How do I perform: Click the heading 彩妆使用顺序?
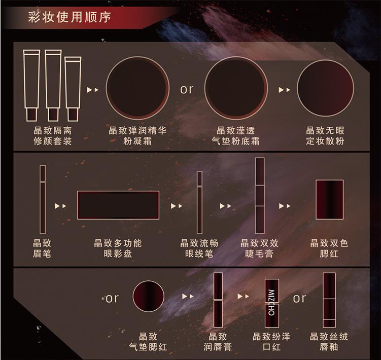pyautogui.click(x=70, y=17)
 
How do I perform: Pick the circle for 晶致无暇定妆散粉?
pyautogui.click(x=325, y=88)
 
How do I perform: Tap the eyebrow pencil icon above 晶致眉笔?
pyautogui.click(x=43, y=199)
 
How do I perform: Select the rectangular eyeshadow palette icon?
pyautogui.click(x=118, y=205)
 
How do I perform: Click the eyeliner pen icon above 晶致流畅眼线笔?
pyautogui.click(x=199, y=202)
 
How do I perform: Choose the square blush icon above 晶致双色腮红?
pyautogui.click(x=329, y=199)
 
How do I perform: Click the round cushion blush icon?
pyautogui.click(x=149, y=296)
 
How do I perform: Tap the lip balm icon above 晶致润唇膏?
pyautogui.click(x=218, y=300)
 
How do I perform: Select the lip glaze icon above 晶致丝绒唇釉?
pyautogui.click(x=329, y=300)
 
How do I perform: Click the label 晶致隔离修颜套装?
pyautogui.click(x=53, y=135)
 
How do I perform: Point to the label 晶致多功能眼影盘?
pyautogui.click(x=118, y=248)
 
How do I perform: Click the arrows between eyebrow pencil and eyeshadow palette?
pyautogui.click(x=60, y=206)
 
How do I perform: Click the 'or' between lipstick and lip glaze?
pyautogui.click(x=299, y=298)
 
